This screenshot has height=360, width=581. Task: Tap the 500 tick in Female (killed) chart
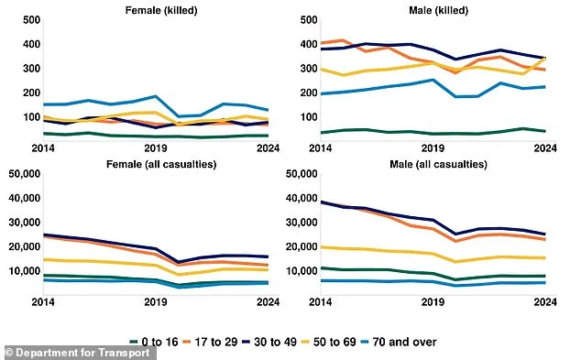(x=27, y=20)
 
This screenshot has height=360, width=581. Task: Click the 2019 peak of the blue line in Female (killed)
(x=157, y=96)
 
